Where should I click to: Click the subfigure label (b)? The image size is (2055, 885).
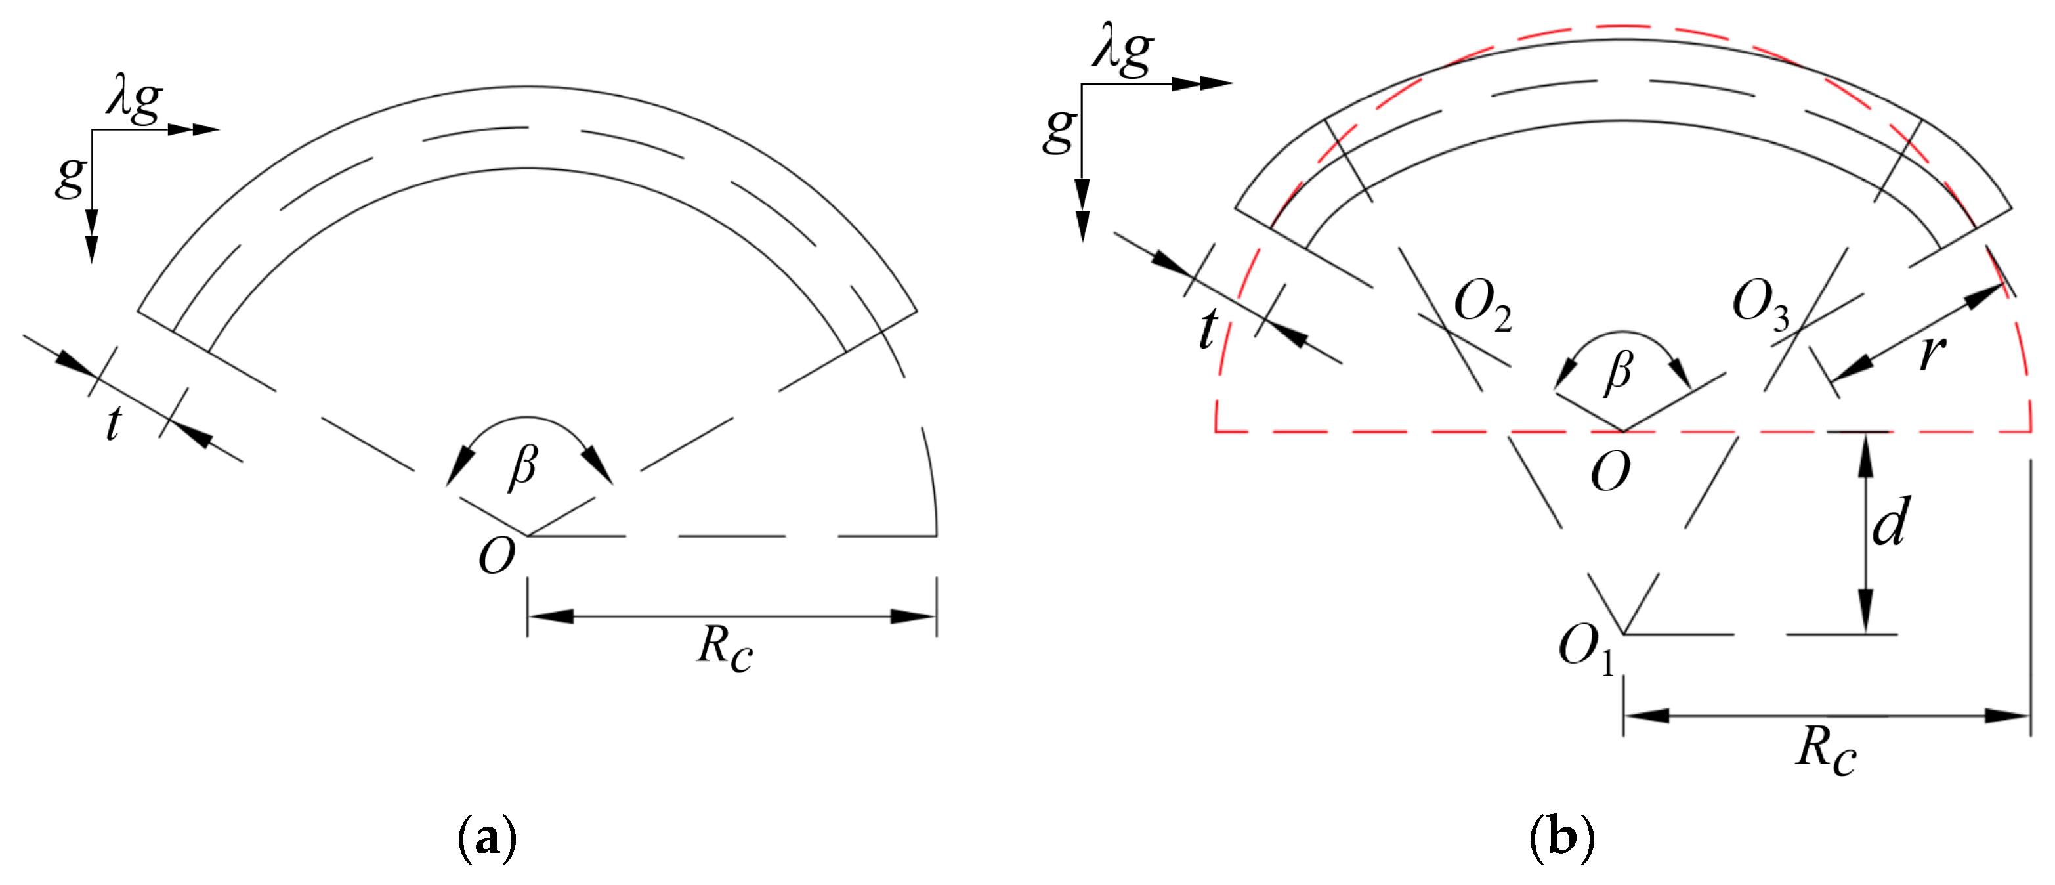pyautogui.click(x=1562, y=838)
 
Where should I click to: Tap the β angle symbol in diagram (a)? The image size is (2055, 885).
pyautogui.click(x=523, y=466)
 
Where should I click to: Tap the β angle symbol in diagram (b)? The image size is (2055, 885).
pyautogui.click(x=1619, y=372)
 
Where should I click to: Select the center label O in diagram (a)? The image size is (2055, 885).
pyautogui.click(x=496, y=556)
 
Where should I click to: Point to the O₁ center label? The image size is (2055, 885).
pyautogui.click(x=1586, y=647)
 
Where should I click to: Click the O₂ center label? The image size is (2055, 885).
pyautogui.click(x=1482, y=307)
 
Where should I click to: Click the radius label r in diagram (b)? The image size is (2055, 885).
pyautogui.click(x=1932, y=351)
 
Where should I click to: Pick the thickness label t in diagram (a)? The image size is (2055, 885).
pyautogui.click(x=114, y=423)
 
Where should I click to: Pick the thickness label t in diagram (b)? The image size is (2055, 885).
pyautogui.click(x=1208, y=329)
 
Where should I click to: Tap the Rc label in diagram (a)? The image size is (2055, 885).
pyautogui.click(x=725, y=647)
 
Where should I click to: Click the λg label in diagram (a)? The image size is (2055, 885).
pyautogui.click(x=134, y=100)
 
